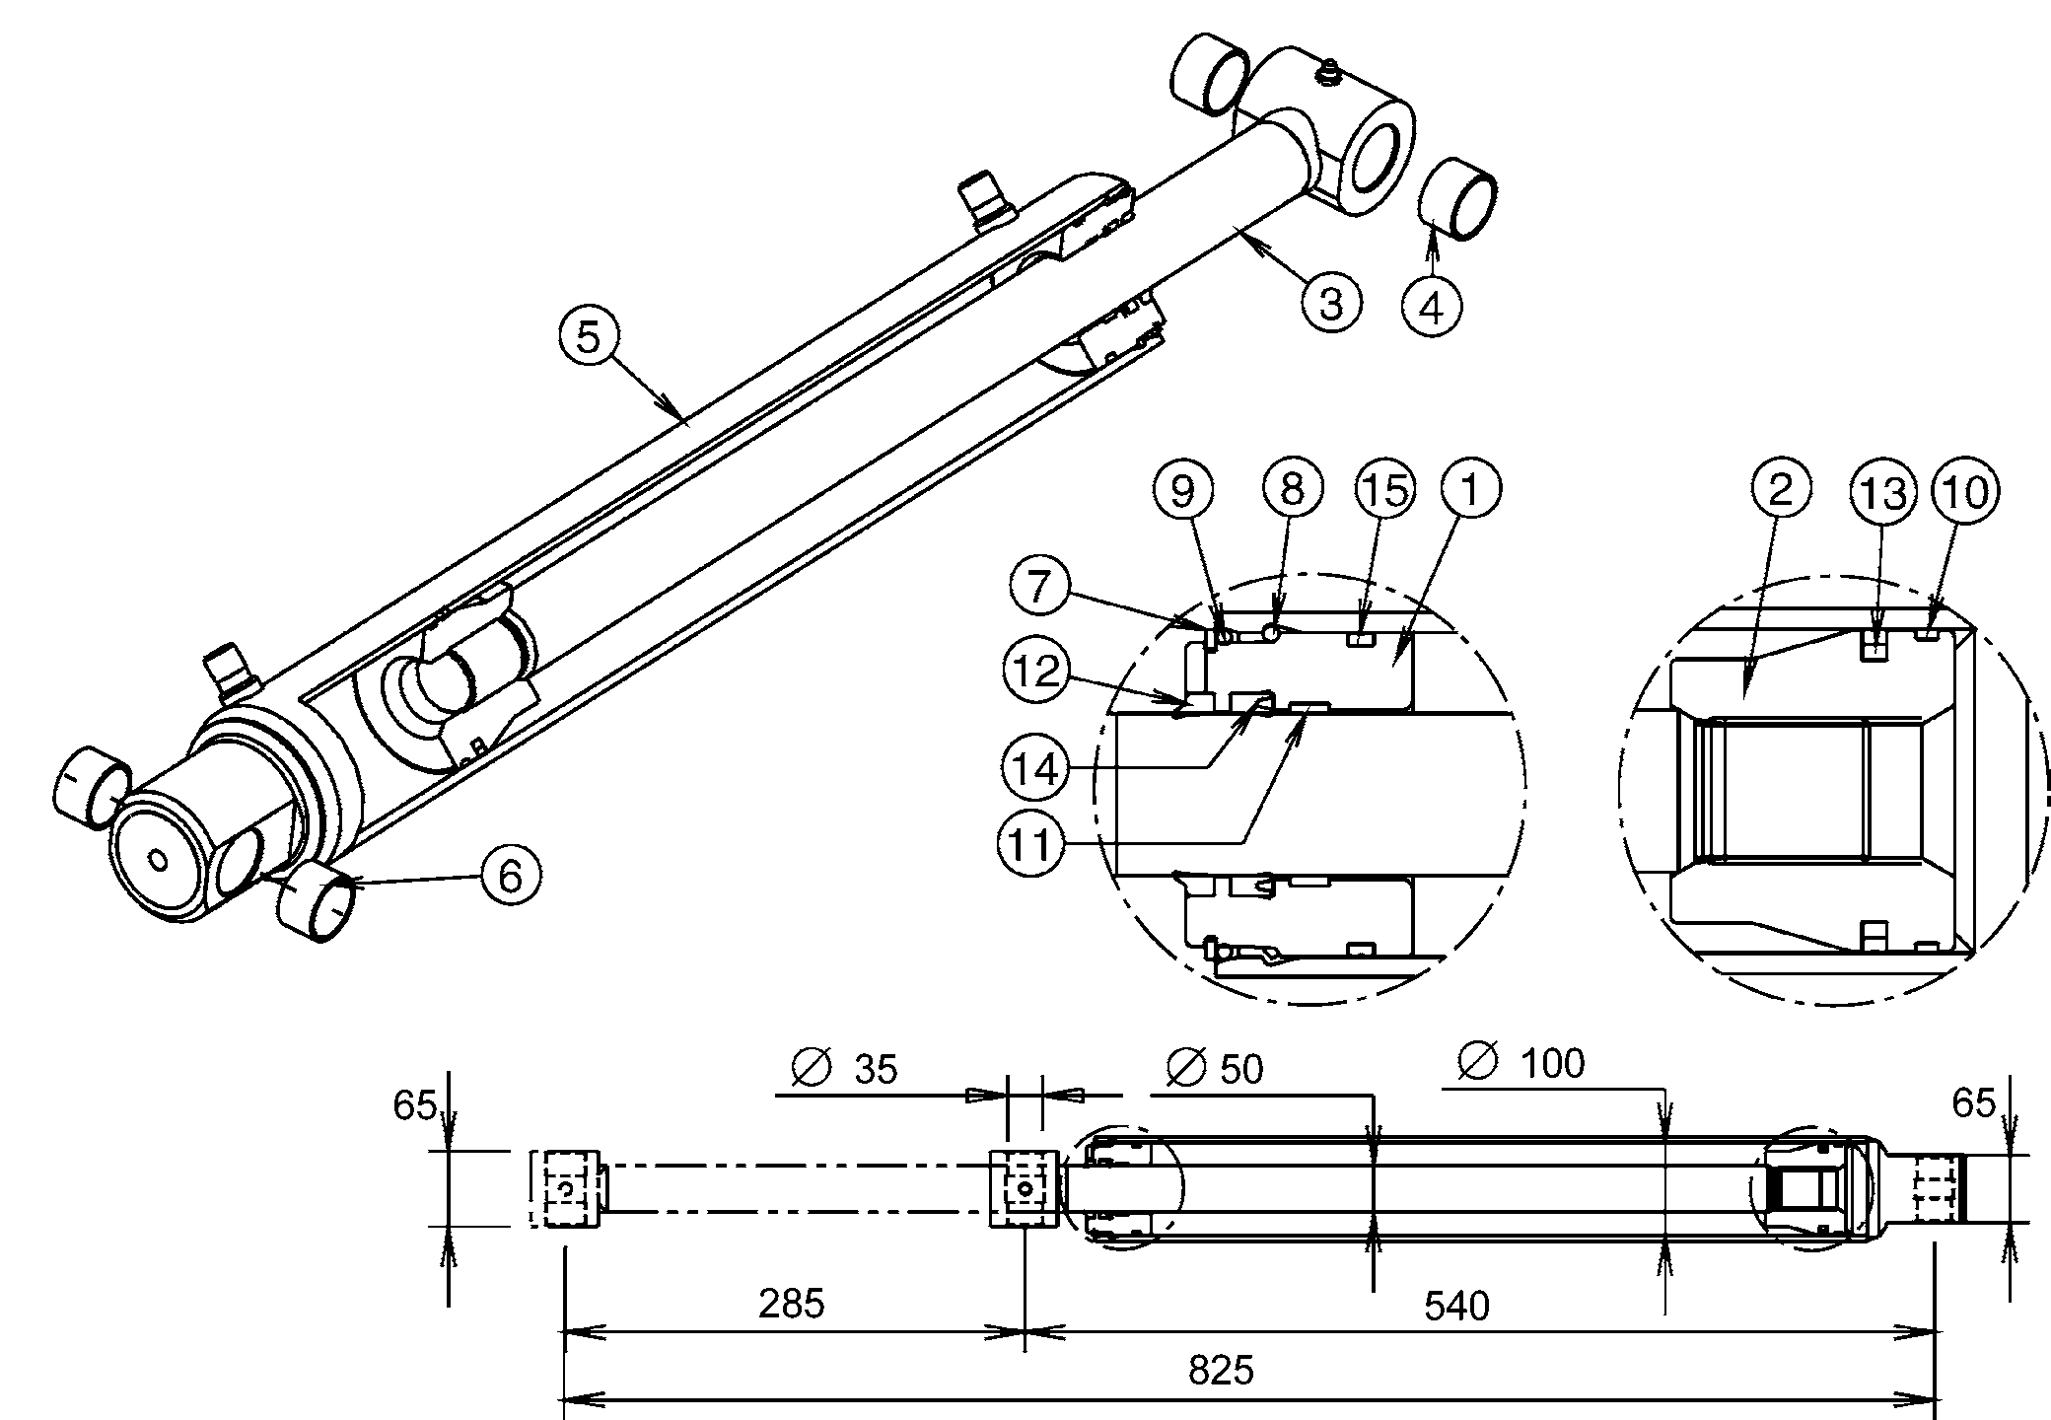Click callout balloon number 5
click(588, 337)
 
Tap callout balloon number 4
click(1432, 308)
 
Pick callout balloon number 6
click(510, 875)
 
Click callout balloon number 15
click(1385, 490)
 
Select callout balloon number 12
click(1035, 673)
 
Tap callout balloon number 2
click(1780, 490)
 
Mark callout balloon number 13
click(1883, 493)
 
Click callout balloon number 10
click(1965, 490)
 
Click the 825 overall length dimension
click(1221, 1371)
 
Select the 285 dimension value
click(791, 1305)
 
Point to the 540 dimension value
click(1456, 1307)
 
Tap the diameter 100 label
click(1523, 1064)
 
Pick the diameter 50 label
click(1215, 1069)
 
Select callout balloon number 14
click(1035, 768)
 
